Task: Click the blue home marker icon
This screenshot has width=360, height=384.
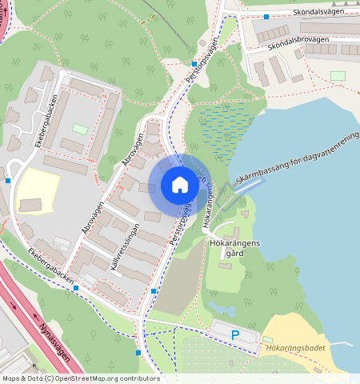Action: pyautogui.click(x=180, y=185)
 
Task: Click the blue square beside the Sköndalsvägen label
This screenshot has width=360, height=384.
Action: pyautogui.click(x=266, y=16)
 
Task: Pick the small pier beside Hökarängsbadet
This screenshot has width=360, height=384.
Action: pyautogui.click(x=339, y=342)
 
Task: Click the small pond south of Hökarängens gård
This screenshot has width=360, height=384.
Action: pyautogui.click(x=218, y=305)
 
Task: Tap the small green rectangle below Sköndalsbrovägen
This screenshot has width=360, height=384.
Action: pyautogui.click(x=338, y=75)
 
